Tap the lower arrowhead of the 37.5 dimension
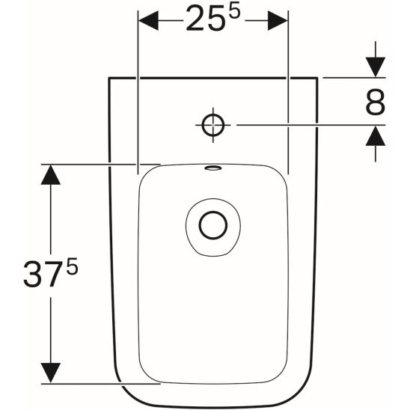[x=50, y=372]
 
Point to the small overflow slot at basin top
[x=213, y=168]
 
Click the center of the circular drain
[x=213, y=224]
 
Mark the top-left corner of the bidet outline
[x=110, y=77]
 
